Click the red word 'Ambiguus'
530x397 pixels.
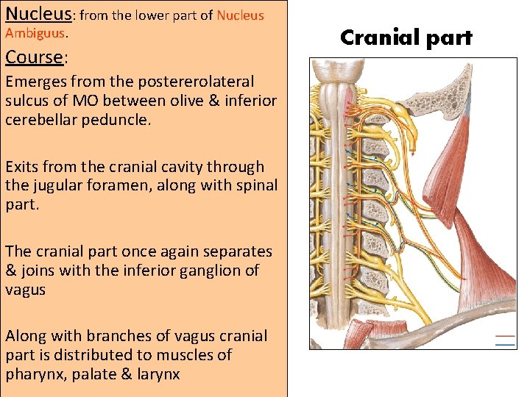(35, 33)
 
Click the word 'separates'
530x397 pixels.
(237, 251)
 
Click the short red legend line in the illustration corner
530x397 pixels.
(506, 336)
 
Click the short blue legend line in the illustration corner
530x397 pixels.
(506, 343)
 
